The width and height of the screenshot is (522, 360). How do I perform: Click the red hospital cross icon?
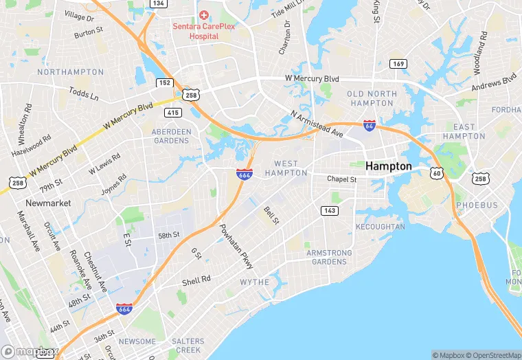[x=203, y=15]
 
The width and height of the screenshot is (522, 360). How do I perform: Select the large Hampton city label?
[x=389, y=166]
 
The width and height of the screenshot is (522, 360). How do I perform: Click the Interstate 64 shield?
[x=369, y=126]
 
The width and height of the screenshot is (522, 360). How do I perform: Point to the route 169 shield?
[x=398, y=64]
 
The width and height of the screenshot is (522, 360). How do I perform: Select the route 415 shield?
[x=172, y=111]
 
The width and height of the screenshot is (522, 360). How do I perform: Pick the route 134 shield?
[x=159, y=3]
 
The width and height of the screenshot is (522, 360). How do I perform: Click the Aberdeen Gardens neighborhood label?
[x=170, y=136]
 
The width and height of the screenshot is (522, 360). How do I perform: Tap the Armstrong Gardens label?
[x=329, y=257]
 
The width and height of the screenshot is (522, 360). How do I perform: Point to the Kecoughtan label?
[x=380, y=227]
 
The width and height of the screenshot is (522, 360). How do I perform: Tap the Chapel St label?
[x=342, y=179]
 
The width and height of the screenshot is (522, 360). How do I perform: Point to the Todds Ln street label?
[x=83, y=93]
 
